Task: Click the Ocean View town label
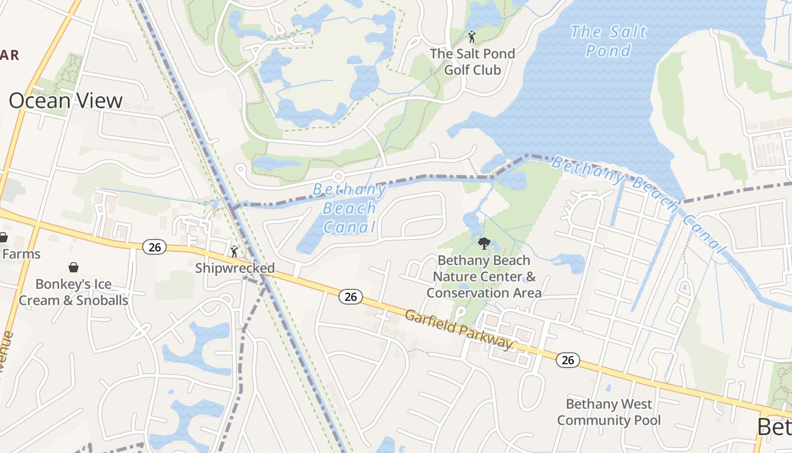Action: tap(66, 101)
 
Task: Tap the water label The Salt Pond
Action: tap(608, 41)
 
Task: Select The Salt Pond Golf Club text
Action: tap(472, 62)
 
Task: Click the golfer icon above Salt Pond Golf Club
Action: tap(472, 37)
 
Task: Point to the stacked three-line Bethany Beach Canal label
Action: tap(349, 208)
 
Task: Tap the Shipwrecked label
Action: tap(235, 268)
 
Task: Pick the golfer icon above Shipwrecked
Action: tap(234, 251)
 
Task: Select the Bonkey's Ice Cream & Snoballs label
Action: tap(74, 292)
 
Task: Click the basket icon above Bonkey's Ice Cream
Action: tap(74, 267)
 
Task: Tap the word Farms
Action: tap(21, 254)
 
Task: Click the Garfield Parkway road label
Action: tap(459, 329)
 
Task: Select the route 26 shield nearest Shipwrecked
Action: tap(154, 247)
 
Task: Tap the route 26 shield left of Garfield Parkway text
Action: tap(351, 296)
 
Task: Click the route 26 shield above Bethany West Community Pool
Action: tap(568, 360)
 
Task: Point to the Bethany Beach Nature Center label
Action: tap(484, 276)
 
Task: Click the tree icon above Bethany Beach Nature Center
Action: tap(484, 244)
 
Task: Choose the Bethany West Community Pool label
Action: tap(609, 412)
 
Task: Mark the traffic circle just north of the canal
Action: tap(338, 176)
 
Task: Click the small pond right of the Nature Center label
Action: tap(569, 262)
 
